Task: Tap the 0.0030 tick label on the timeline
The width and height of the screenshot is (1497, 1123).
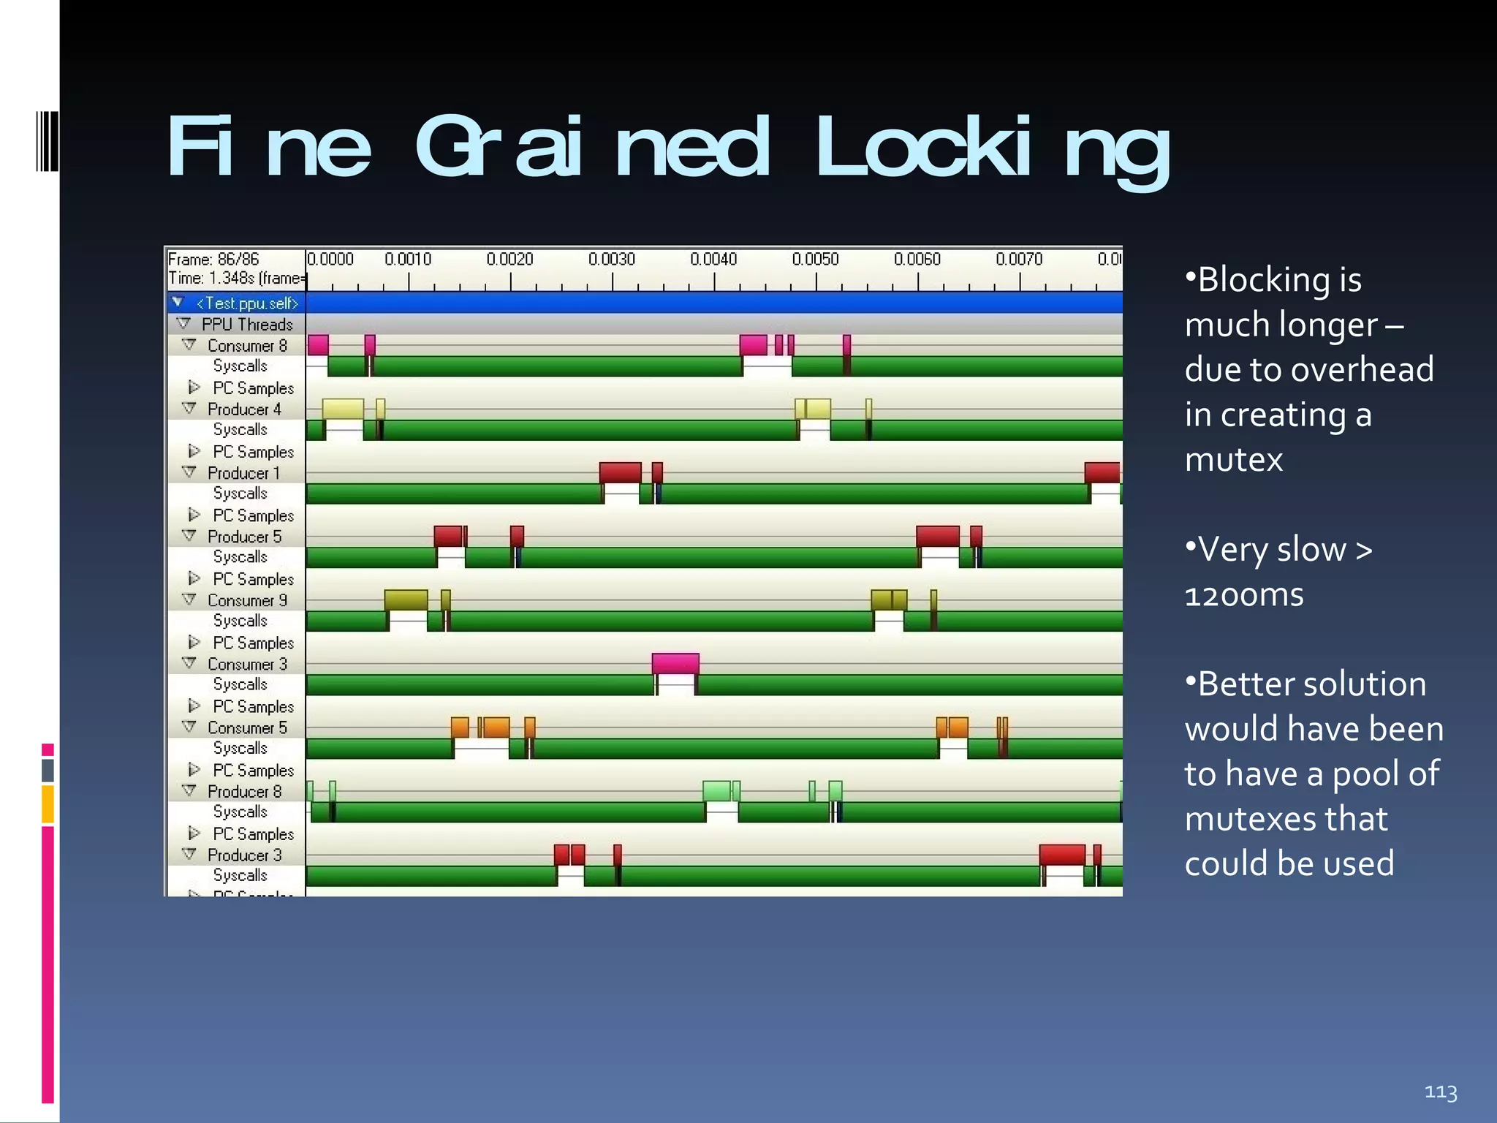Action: (x=611, y=260)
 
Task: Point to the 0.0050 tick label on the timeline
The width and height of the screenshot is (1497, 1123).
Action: (x=815, y=260)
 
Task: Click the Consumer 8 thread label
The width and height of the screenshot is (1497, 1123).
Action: (x=247, y=345)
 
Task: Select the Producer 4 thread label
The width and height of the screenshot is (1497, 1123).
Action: (x=244, y=409)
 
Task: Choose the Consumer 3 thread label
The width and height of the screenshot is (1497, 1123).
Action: (x=247, y=664)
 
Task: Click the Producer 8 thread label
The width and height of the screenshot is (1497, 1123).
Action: (x=244, y=791)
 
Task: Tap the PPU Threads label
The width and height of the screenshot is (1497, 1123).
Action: (x=247, y=324)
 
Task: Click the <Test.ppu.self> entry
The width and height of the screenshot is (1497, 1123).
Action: (x=247, y=303)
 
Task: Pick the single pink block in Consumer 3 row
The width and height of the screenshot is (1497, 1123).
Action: (x=675, y=663)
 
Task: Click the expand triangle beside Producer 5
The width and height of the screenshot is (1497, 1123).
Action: (x=189, y=536)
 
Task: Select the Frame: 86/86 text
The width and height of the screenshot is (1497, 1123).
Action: (x=213, y=260)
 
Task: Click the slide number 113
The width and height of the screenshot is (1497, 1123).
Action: (x=1440, y=1092)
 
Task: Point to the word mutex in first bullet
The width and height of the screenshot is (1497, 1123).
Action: (x=1233, y=460)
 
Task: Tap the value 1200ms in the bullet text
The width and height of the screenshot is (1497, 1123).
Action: (x=1243, y=595)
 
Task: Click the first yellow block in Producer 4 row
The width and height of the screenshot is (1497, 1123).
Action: (x=342, y=409)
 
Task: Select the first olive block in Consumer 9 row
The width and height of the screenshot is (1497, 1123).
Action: (x=406, y=600)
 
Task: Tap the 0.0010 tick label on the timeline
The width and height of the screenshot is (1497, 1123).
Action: (x=408, y=260)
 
